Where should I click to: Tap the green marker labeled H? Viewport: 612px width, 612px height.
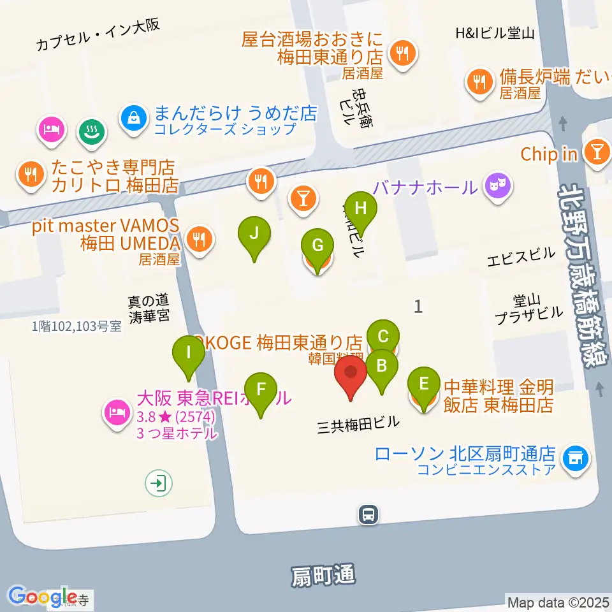pos(361,210)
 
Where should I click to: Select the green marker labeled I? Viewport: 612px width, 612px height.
pos(188,353)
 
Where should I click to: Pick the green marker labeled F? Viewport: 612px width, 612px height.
pos(261,390)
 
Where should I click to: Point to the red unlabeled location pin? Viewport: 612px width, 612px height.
pos(351,373)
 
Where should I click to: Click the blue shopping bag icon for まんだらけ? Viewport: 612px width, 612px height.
pos(134,117)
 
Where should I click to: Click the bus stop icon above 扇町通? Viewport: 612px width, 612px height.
pos(368,514)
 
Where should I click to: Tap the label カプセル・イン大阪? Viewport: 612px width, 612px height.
pos(98,34)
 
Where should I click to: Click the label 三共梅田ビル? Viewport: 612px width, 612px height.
pos(358,423)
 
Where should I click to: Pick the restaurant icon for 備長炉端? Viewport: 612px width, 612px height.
pos(479,82)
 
